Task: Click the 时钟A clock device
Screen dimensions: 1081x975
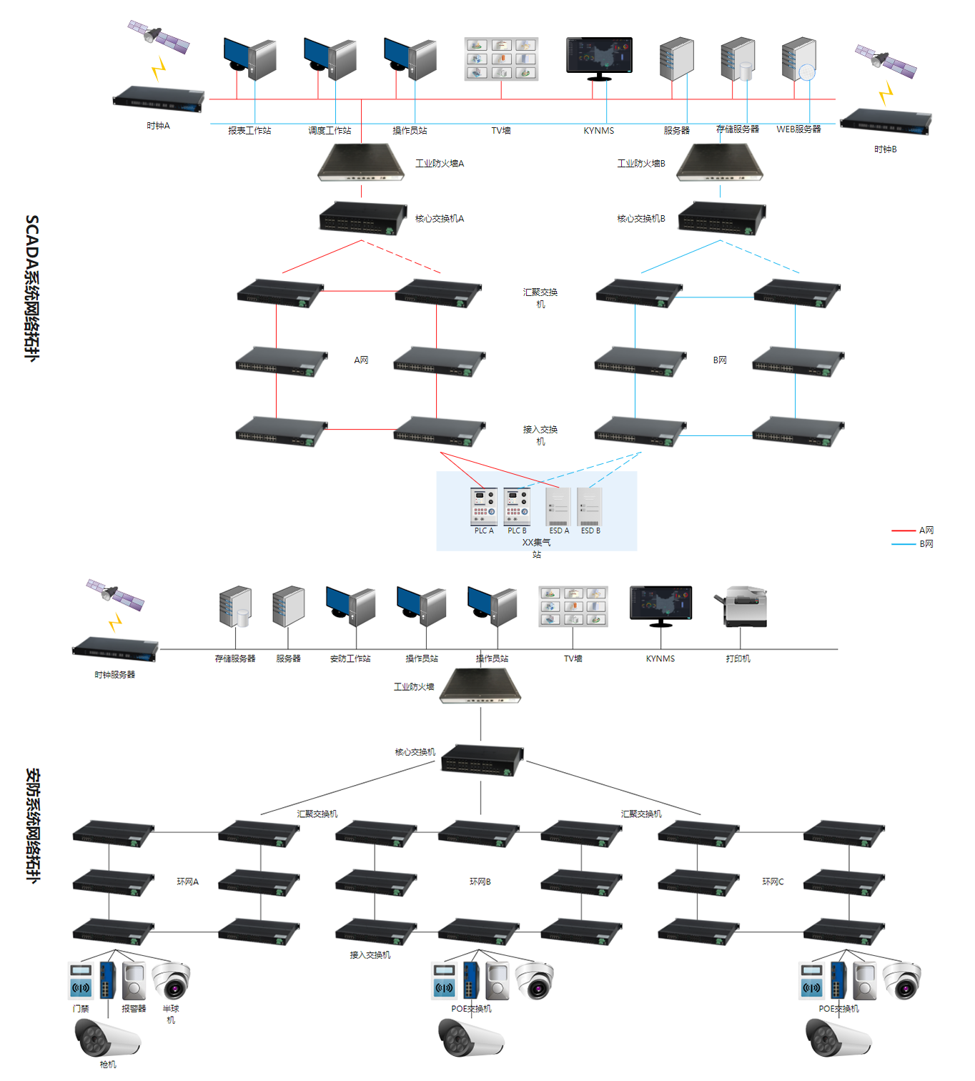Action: (x=158, y=99)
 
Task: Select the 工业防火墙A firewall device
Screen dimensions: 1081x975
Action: (x=361, y=163)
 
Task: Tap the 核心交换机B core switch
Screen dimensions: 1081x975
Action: (x=721, y=217)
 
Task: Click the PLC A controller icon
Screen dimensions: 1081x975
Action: (x=484, y=506)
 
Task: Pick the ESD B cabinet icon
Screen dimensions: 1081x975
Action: (x=590, y=506)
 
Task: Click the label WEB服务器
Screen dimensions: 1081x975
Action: (x=798, y=129)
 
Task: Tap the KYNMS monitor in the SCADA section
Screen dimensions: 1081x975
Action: (x=599, y=57)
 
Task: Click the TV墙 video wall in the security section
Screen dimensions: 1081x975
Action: (x=573, y=606)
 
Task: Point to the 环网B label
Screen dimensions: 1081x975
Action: (x=480, y=882)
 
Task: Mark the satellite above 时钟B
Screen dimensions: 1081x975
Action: (x=886, y=61)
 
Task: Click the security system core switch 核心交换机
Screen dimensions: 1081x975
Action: (x=482, y=761)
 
